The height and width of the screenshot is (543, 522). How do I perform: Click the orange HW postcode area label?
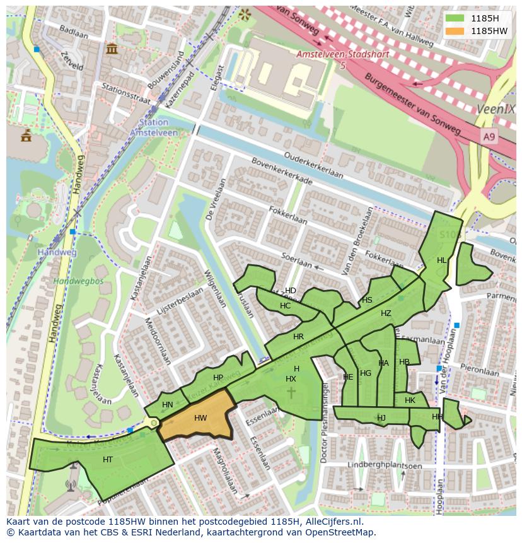coord(200,418)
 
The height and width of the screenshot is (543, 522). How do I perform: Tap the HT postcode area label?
coord(108,460)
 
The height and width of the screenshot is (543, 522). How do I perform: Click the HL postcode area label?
coord(441,260)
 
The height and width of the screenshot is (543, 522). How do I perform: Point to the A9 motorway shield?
coord(489,136)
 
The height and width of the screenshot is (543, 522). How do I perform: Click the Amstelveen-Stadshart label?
coord(343,55)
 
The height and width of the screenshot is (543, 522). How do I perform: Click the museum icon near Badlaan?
coord(112,49)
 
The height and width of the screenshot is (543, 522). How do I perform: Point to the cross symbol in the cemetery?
coord(291,393)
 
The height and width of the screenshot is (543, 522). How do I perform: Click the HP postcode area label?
coord(218,378)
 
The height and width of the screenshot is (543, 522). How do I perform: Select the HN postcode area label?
coord(167,405)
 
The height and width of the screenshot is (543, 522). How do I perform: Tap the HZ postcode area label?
coord(386,313)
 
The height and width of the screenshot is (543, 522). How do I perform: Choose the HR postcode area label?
coord(298,337)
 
